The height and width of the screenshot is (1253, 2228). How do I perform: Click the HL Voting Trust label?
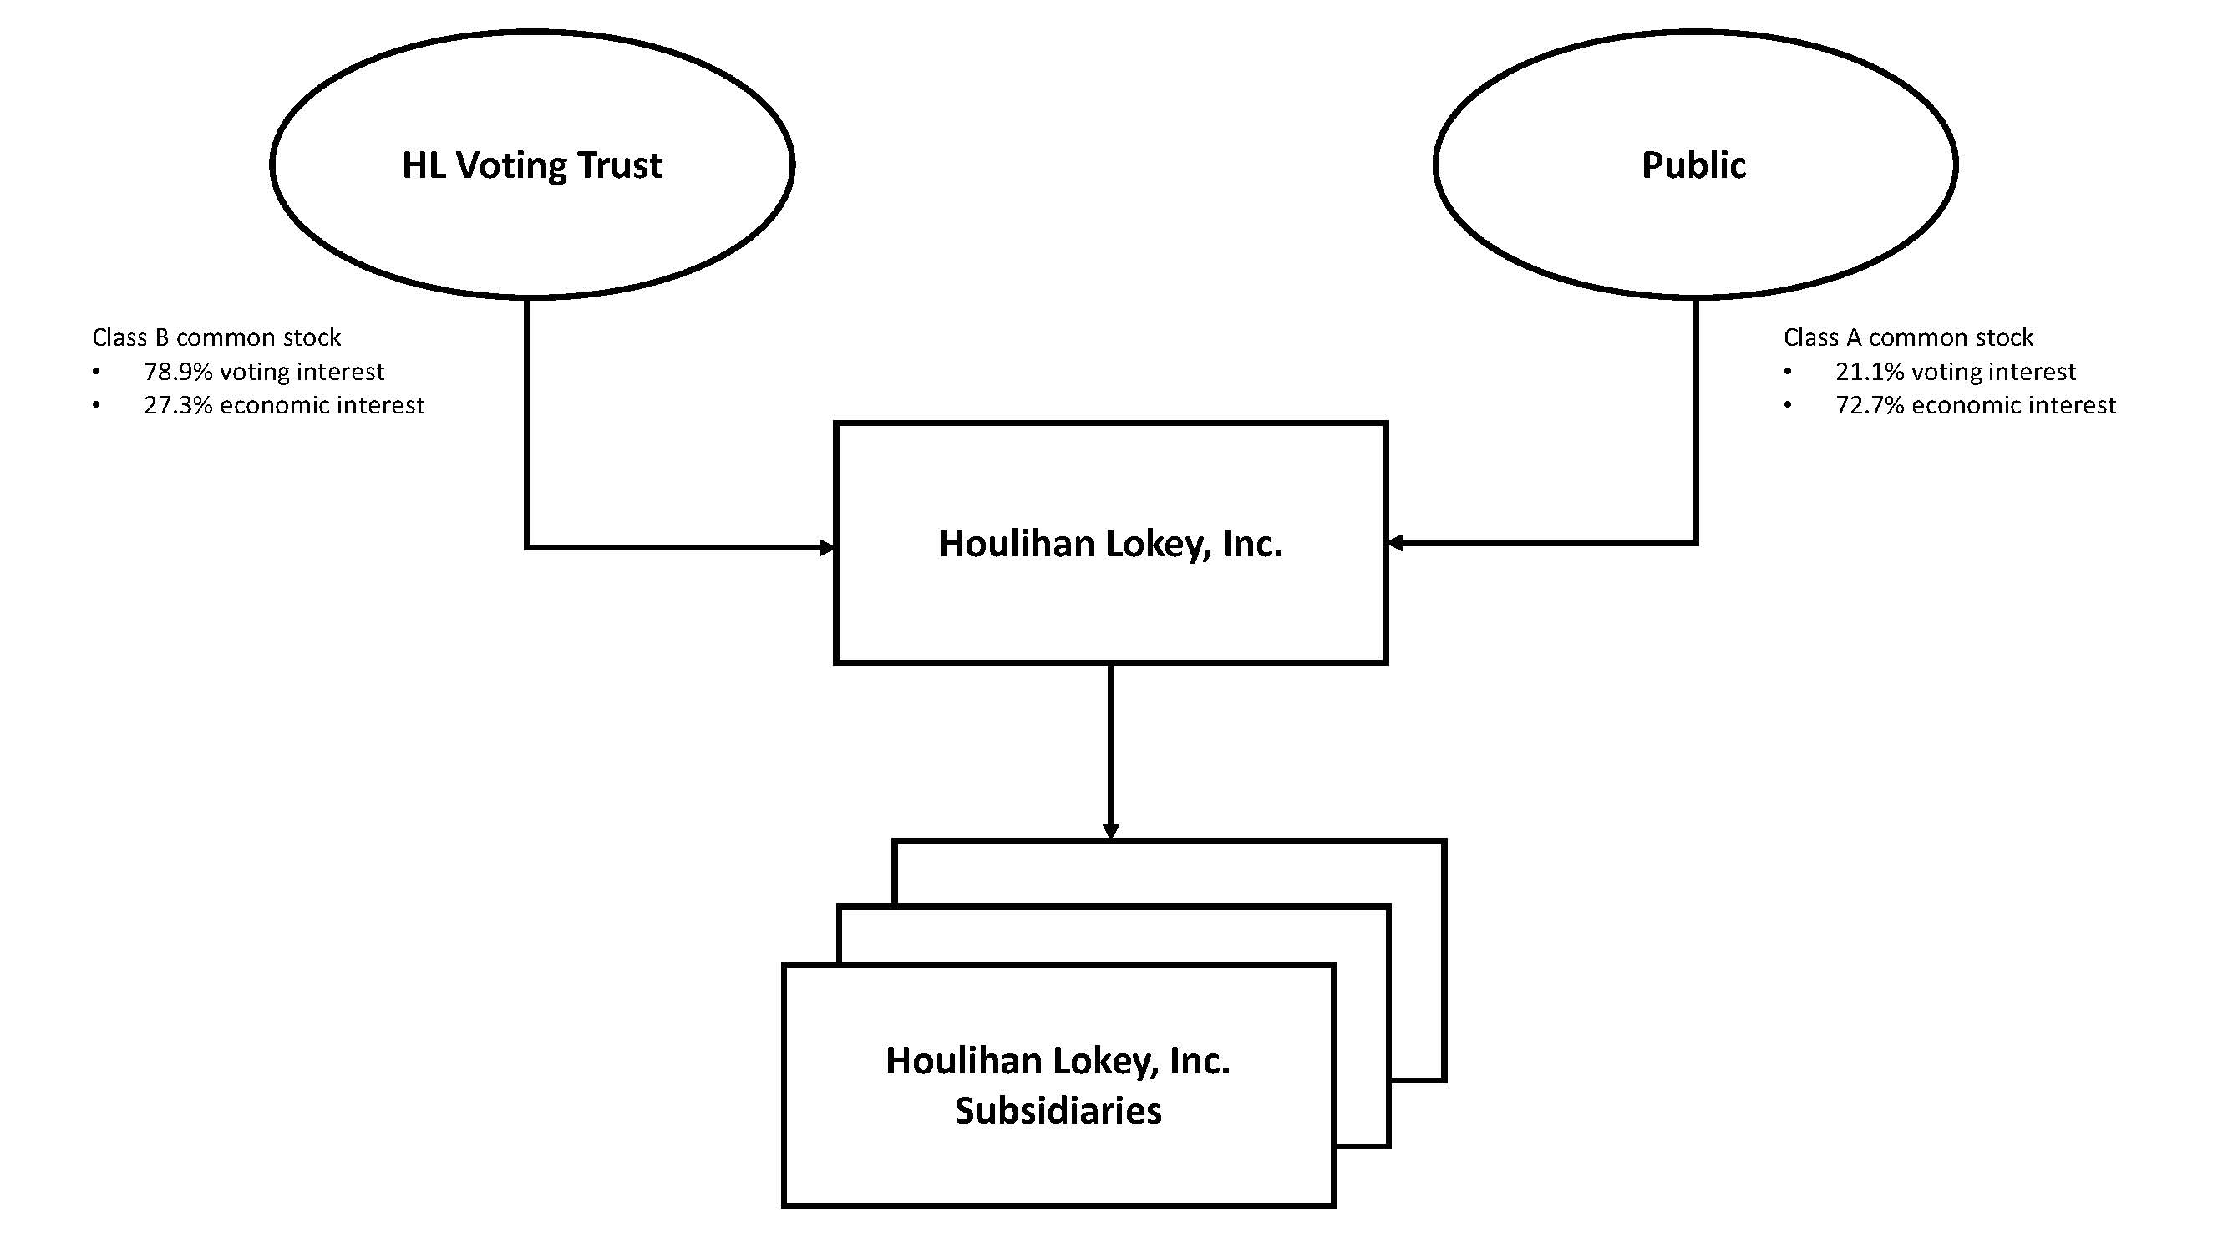532,165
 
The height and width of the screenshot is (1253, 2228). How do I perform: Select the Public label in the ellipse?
1693,165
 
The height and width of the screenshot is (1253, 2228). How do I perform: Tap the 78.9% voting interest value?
264,372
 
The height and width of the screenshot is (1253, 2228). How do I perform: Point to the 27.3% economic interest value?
284,406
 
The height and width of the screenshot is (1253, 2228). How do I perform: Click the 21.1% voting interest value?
1955,372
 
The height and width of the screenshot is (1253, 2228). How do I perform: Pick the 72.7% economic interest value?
1976,406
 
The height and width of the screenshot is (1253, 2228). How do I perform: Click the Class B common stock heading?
216,337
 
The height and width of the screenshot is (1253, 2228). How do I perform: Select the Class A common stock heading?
1908,337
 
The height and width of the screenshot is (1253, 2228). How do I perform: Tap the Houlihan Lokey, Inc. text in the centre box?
1110,544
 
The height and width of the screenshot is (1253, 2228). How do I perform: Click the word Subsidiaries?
1058,1111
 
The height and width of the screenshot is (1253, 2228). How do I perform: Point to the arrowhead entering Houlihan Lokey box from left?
827,547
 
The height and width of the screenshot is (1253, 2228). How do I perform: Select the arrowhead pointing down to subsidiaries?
1110,831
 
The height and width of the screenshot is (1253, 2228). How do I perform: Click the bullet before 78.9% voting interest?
96,373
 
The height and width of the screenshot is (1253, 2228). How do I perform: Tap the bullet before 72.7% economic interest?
1788,406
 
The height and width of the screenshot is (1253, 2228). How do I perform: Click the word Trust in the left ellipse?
619,165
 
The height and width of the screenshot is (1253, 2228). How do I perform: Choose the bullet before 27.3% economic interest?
96,406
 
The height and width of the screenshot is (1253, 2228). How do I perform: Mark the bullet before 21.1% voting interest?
1788,373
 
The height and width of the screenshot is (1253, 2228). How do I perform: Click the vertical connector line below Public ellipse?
1695,415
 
